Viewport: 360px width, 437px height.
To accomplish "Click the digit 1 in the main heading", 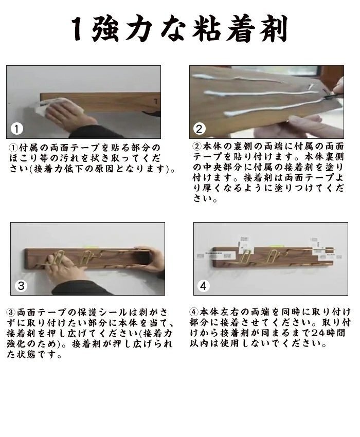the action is pyautogui.click(x=78, y=29).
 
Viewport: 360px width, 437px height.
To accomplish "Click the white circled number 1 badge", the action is pyautogui.click(x=17, y=129).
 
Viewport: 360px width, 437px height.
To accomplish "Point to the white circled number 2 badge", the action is pyautogui.click(x=199, y=129).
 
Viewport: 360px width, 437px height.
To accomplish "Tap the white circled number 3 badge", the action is pyautogui.click(x=21, y=286).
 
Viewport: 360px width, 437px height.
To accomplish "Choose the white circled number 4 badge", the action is pyautogui.click(x=204, y=286).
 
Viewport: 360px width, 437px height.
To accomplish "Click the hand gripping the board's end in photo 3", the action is pyautogui.click(x=151, y=259).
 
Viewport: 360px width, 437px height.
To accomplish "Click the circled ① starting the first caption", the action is pyautogui.click(x=13, y=147).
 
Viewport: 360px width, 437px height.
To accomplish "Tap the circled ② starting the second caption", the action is pyautogui.click(x=197, y=146).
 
